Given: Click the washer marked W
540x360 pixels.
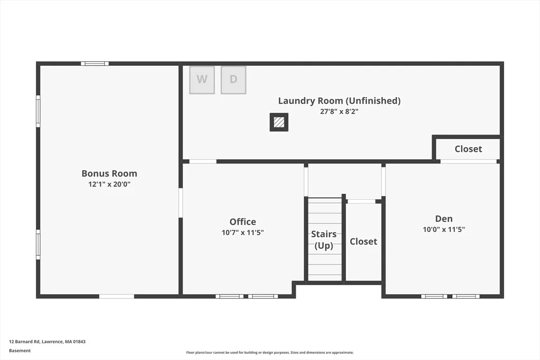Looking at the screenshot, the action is [202, 80].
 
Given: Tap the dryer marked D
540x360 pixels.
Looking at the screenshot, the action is [234, 80].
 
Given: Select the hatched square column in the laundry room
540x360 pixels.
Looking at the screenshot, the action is [279, 122].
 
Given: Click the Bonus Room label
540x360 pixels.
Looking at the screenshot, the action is [109, 173].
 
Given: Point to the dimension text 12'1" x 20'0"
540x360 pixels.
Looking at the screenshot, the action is [109, 184].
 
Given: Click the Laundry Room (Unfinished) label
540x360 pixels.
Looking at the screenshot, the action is [339, 101].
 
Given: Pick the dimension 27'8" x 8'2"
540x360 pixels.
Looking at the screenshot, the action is [339, 112].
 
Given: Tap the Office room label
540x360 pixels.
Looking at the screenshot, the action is [243, 222].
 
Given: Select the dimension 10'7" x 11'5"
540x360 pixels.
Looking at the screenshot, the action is [243, 232].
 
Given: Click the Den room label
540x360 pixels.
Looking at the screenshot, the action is [444, 219].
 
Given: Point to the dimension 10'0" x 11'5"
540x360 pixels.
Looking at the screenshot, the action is [444, 230].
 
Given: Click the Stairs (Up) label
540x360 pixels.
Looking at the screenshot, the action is [324, 240].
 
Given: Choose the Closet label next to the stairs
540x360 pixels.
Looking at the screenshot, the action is [363, 241].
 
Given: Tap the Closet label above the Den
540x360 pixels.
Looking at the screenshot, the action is [468, 149].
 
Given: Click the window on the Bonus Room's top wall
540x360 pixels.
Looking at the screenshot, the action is [95, 63].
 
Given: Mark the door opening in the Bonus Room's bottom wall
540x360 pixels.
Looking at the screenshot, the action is [117, 296].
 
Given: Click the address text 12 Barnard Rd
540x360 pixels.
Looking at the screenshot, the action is [24, 342].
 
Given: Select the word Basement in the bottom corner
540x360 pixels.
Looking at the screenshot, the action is [20, 351].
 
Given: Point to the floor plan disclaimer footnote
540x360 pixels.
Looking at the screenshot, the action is [270, 353].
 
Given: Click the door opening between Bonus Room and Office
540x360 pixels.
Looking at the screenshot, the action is [180, 203].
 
